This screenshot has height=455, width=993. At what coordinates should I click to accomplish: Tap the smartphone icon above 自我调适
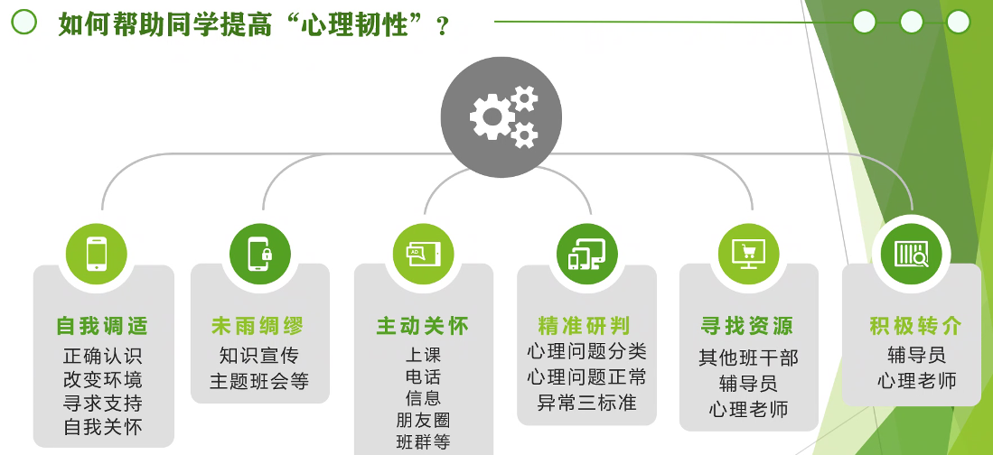pos(97,253)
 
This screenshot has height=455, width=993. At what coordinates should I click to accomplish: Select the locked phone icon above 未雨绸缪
pos(260,253)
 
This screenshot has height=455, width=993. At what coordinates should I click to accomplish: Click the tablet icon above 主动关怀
pos(423,253)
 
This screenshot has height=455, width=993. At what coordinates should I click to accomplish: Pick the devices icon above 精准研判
pos(585,253)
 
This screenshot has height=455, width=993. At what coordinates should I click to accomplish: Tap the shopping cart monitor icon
pos(748,253)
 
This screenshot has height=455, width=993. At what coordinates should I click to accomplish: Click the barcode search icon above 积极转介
pos(911,253)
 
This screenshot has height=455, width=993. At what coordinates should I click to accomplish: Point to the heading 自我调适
pos(102,326)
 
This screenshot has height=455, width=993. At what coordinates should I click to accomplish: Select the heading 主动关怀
pos(423,326)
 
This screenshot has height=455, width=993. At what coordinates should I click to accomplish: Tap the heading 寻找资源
pos(747,326)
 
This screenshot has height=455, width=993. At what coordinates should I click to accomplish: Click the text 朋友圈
pos(423,420)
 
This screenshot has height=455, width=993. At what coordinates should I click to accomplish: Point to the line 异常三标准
pos(586,403)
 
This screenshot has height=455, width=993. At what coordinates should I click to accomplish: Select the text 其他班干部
pos(748,357)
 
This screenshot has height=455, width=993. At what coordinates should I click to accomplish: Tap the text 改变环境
pos(102,379)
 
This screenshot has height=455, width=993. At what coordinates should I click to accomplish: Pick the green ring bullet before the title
pos(23,23)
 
